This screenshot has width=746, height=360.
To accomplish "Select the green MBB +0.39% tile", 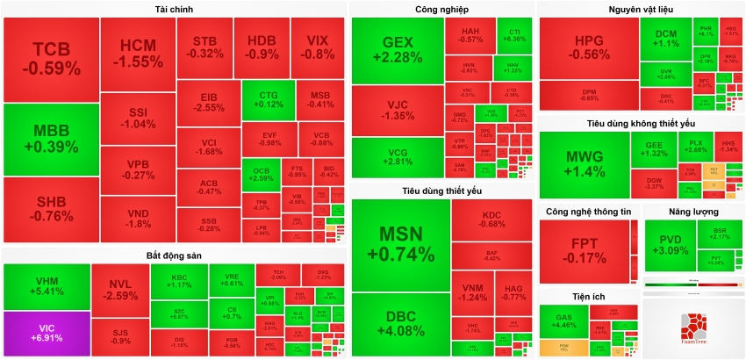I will pos(51,140).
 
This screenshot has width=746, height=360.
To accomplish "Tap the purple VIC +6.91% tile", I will pos(46,334).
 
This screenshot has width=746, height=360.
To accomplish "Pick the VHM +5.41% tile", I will pos(46,286).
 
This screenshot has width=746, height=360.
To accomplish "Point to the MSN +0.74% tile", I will pos(400,244).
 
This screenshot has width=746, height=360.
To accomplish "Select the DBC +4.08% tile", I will pos(400,326).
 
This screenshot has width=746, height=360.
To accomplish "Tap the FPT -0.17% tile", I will pos(584,252).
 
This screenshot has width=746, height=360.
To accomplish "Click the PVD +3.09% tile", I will pos(671,246).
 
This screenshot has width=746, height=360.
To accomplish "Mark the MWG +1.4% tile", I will pos(584,164).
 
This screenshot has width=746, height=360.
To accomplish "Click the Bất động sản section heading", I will pos(175,256).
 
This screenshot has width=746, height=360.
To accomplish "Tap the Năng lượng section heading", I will pos(692,212).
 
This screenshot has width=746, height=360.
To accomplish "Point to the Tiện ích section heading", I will pos(587,297).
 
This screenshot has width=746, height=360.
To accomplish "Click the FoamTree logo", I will pos(692,326).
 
